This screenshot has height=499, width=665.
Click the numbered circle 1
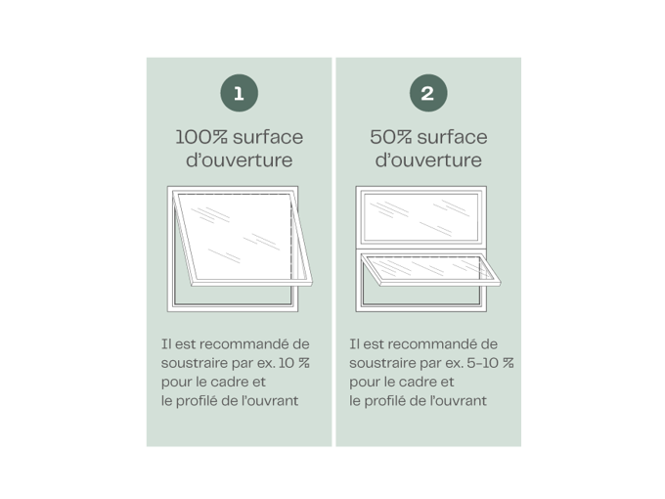240,93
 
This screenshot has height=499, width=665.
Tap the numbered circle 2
428,93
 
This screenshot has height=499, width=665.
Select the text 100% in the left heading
201,137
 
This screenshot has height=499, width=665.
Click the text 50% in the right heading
390,137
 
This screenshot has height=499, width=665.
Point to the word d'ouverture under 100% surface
240,159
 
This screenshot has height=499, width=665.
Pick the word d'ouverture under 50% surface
428,159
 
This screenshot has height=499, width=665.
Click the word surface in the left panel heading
268,137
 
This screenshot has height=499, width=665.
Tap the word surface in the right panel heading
452,137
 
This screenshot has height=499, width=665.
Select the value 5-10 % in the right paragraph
490,363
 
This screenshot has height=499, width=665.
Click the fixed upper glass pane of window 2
421,216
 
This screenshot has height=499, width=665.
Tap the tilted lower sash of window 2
430,270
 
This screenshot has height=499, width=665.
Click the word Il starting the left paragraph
166,344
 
